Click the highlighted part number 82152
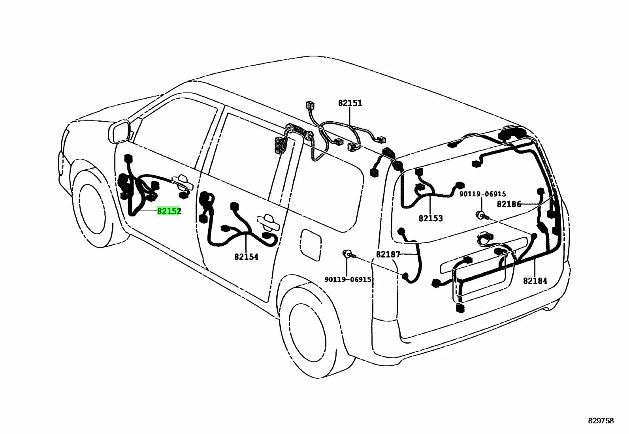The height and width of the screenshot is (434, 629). click(x=169, y=211)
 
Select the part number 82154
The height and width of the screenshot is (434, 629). click(x=246, y=257)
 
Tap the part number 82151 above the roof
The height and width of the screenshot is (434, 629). click(x=350, y=103)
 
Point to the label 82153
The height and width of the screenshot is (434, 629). click(x=431, y=218)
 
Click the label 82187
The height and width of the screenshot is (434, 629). click(x=388, y=255)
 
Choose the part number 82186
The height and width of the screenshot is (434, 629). click(x=509, y=204)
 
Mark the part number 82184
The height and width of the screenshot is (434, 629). click(x=535, y=281)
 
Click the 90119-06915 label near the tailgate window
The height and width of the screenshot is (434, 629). click(x=482, y=194)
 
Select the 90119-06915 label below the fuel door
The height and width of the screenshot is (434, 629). click(x=348, y=279)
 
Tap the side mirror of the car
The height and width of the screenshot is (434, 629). click(x=120, y=132)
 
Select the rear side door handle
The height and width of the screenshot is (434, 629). click(x=268, y=222)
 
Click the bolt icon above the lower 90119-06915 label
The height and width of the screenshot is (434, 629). click(x=348, y=254)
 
